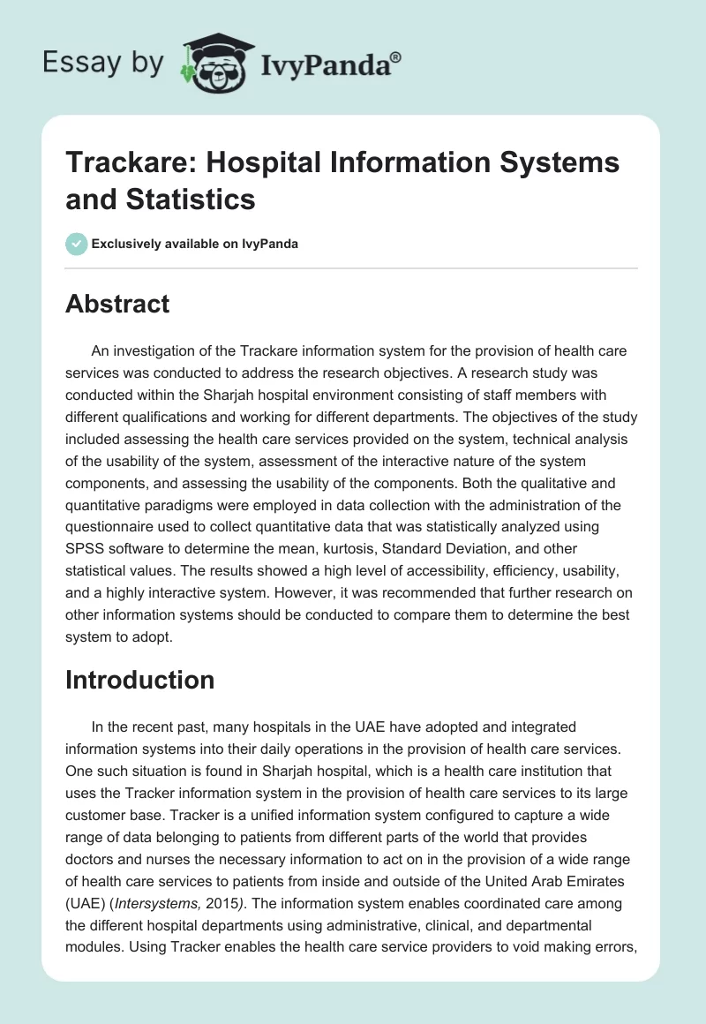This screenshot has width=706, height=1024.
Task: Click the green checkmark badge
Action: click(76, 244)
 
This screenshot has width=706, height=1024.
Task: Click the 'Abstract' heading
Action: click(117, 305)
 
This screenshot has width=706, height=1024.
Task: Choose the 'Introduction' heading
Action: click(139, 680)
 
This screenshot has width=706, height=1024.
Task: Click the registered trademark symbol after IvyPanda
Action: click(396, 56)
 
